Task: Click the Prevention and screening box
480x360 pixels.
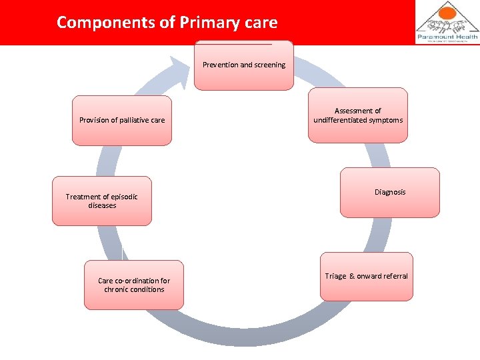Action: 243,65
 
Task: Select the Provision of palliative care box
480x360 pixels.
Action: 122,121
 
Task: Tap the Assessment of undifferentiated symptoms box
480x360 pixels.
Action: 358,115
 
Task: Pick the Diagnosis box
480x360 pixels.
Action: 390,193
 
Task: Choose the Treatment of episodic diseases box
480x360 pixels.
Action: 102,201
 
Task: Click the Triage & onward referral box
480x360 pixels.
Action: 366,277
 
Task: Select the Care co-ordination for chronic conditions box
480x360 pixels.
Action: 134,285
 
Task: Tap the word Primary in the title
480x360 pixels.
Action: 206,22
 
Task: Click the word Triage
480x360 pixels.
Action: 335,277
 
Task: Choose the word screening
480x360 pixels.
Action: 269,65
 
